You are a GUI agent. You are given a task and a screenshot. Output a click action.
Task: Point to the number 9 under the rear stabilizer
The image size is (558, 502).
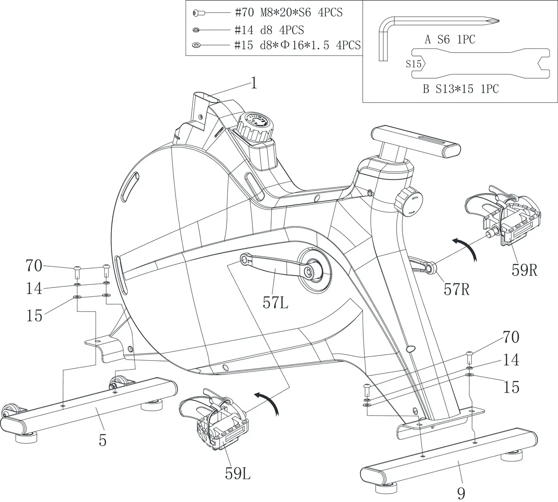tap(461, 493)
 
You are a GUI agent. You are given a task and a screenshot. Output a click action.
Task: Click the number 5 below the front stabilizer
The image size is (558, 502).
tap(103, 440)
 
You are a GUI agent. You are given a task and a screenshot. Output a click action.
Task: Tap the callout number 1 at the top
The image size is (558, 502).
tap(254, 83)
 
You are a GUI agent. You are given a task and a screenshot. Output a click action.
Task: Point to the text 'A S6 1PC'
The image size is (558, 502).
tap(450, 40)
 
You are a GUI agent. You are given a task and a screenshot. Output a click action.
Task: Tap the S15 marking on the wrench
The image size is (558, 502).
tap(414, 64)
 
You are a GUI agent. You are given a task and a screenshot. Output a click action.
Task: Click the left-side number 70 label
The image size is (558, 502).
tap(34, 266)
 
